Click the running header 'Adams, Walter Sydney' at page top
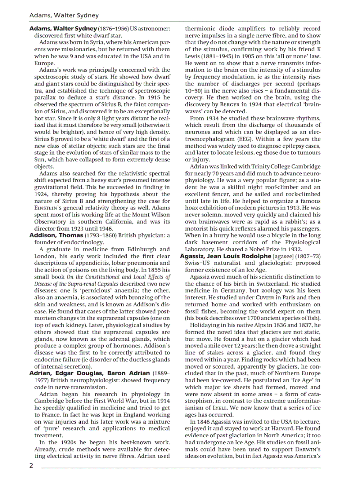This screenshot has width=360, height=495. pos(64,15)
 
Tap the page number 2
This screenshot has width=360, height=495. pos(31,465)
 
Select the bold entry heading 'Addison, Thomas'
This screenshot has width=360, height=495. pos(56,235)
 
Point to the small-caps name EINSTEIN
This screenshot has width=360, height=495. pos(48,208)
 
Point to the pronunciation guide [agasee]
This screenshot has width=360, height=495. pos(286,256)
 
